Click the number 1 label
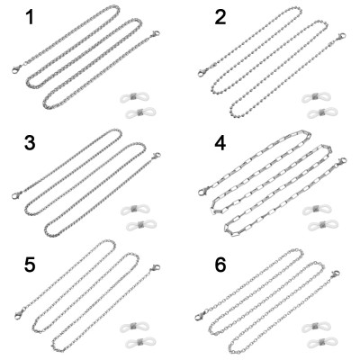(30, 18)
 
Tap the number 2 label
(220, 18)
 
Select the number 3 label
(30, 143)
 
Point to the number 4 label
(220, 144)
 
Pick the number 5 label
(30, 265)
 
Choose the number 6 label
(220, 265)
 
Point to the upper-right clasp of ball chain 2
(340, 37)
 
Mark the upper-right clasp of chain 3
(156, 156)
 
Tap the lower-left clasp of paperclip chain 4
(204, 190)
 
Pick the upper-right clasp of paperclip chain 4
(341, 162)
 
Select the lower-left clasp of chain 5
(20, 314)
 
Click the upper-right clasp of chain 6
(335, 274)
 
